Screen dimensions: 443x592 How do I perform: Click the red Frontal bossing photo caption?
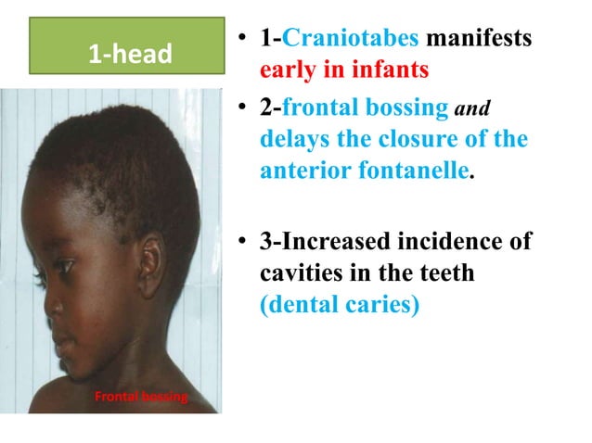coord(141,399)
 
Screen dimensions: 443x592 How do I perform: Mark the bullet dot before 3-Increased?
coord(240,244)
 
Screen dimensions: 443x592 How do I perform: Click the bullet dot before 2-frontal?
coord(240,108)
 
